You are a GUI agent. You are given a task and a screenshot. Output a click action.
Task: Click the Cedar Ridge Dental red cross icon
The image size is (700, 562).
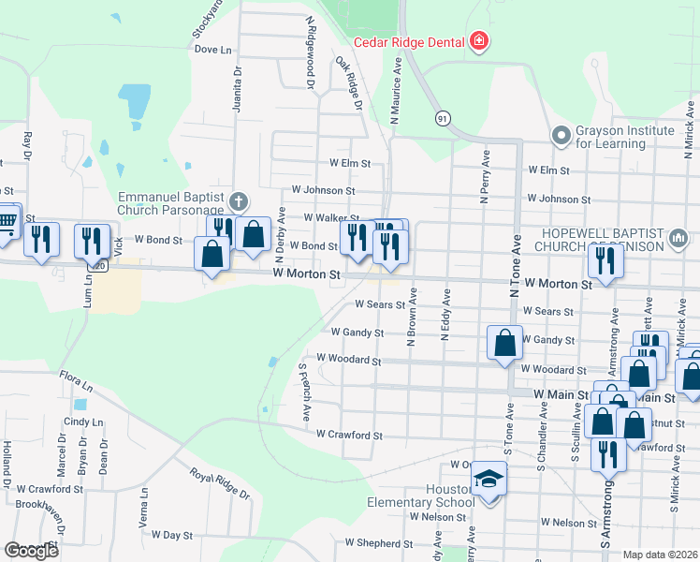pyautogui.click(x=479, y=42)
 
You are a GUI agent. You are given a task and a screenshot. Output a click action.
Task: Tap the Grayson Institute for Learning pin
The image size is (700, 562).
pyautogui.click(x=561, y=136)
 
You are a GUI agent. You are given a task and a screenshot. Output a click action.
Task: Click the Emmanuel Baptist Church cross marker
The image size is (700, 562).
pyautogui.click(x=239, y=201)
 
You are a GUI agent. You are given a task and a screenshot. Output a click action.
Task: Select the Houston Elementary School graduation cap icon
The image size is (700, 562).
pyautogui.click(x=488, y=481)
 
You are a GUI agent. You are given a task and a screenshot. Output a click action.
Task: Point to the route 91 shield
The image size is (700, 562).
pyautogui.click(x=442, y=117)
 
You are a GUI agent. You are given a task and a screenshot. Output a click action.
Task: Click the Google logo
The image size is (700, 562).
pyautogui.click(x=31, y=551)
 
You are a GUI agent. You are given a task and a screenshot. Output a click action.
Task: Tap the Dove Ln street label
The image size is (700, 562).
pyautogui.click(x=212, y=50)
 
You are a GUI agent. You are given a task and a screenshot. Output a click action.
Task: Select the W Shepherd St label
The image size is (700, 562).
pyautogui.click(x=378, y=543)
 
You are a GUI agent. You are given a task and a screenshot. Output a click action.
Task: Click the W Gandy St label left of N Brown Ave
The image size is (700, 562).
pyautogui.click(x=357, y=333)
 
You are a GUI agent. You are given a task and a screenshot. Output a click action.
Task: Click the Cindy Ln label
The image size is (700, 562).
pyautogui.click(x=83, y=422)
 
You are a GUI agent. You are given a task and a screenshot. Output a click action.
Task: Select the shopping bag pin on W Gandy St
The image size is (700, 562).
pyautogui.click(x=505, y=343)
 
